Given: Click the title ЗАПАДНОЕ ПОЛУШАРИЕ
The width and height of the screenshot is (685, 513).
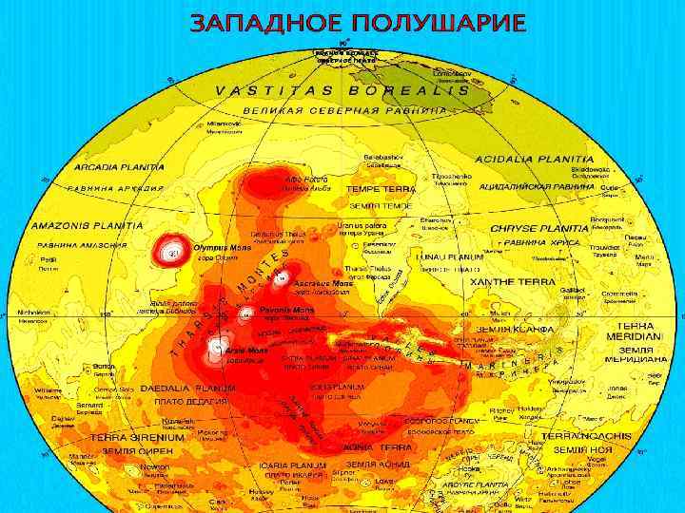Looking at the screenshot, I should click(x=357, y=23).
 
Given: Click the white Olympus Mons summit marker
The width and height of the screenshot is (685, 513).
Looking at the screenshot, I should click(x=172, y=253).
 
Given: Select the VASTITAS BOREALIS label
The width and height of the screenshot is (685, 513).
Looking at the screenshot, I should click(x=342, y=91).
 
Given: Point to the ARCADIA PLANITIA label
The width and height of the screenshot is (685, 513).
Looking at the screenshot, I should click(x=119, y=166).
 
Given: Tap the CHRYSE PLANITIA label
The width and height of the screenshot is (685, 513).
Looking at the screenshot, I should click(x=538, y=229).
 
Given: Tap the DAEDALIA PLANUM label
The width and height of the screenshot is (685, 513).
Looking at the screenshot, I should click(x=188, y=388).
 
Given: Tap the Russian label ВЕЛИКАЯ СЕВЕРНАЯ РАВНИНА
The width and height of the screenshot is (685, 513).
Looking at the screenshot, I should click(x=343, y=110).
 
